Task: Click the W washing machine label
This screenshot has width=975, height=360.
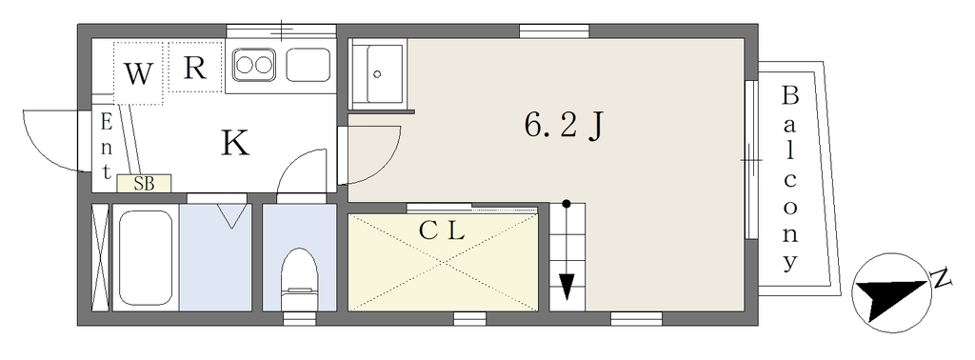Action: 138,74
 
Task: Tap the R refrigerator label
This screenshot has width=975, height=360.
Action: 194,68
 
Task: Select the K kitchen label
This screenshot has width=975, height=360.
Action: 236,143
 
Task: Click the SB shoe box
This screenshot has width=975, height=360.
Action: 144,183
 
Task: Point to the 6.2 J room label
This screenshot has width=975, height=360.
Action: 564,127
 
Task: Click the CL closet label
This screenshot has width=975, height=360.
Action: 442,231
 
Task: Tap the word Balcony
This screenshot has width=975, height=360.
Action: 789,178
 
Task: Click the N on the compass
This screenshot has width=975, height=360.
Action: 942,278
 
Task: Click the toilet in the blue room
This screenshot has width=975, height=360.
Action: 299,279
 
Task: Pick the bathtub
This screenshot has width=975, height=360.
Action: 145,257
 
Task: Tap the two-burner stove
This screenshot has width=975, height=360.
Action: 253,64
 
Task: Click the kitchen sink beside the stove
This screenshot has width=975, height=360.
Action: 308,65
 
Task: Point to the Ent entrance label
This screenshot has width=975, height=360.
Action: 107,147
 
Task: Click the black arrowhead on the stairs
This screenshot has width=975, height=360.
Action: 566,287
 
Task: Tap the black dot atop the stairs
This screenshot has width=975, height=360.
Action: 566,203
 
